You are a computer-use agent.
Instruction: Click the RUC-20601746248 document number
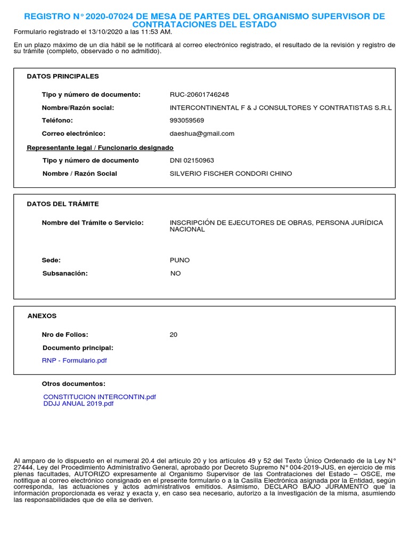click(199, 95)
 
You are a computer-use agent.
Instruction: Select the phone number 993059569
click(187, 121)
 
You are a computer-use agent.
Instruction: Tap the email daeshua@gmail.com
click(202, 134)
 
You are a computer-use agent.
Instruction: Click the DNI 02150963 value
click(192, 160)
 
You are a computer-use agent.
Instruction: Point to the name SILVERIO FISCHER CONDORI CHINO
click(231, 174)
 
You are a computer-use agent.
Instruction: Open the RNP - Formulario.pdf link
click(75, 360)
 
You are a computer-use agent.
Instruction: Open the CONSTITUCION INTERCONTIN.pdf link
click(100, 397)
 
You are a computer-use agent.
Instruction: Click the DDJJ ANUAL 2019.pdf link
click(78, 403)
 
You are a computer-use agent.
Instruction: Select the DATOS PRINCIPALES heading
click(63, 76)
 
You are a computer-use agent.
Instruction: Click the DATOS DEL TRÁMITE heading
click(63, 204)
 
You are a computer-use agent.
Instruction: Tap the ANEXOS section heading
click(42, 316)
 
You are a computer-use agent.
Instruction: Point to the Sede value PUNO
click(179, 260)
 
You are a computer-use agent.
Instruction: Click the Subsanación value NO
click(175, 273)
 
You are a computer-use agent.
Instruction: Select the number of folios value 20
click(174, 335)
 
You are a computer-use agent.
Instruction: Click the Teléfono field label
click(57, 121)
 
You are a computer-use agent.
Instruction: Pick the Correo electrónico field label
click(73, 134)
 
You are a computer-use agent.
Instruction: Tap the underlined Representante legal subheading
click(100, 147)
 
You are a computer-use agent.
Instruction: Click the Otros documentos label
click(73, 384)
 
